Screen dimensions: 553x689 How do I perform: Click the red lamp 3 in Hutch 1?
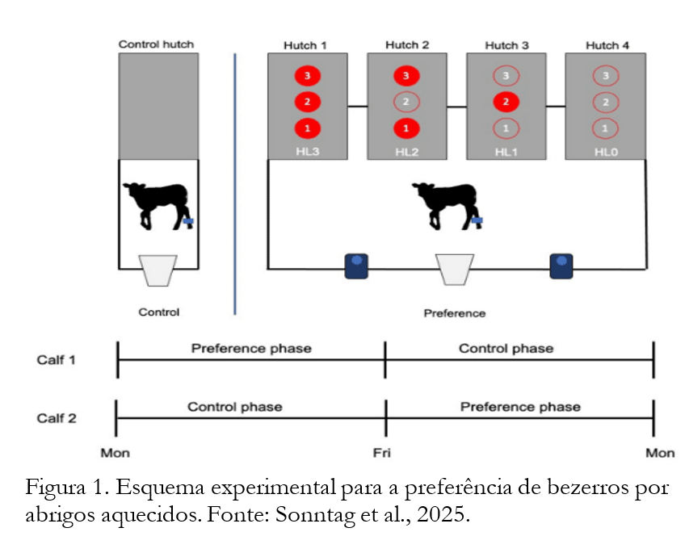coord(307,76)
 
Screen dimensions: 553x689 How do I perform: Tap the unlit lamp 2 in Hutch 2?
coord(406,103)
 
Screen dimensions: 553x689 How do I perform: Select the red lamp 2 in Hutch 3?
coord(506,103)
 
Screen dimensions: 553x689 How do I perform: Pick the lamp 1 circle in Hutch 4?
coord(605,128)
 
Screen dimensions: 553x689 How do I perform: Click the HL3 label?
coord(307,151)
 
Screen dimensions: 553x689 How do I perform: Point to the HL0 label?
coord(605,151)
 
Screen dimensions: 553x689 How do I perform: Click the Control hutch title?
coord(157,44)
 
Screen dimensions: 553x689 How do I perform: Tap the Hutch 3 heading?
coord(506,45)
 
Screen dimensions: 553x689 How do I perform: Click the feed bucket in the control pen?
coord(158,270)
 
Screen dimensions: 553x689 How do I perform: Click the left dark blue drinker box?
coord(356,266)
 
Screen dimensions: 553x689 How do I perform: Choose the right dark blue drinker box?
coord(561,266)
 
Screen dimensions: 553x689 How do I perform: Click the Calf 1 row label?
coord(57,360)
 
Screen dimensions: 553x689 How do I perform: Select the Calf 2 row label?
coord(57,418)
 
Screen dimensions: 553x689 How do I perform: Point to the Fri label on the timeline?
coord(382,453)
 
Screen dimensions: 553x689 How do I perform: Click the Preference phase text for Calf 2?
coord(520,406)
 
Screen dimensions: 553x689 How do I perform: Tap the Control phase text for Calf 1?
coord(506,349)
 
